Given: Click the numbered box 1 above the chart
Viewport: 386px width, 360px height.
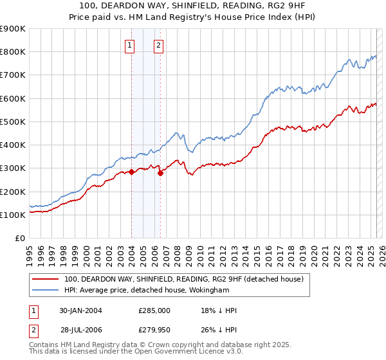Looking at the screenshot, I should tap(131, 45).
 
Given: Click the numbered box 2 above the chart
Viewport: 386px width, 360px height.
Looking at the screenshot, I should tap(158, 45).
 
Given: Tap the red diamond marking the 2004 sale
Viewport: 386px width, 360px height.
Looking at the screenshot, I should tap(131, 172).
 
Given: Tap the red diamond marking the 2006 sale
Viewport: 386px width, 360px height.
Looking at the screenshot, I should tap(160, 173).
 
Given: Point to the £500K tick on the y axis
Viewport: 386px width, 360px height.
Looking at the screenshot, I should tap(13, 122).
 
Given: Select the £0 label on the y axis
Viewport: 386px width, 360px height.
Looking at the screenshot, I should tap(20, 238).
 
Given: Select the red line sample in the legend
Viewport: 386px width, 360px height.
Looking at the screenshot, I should tap(46, 279).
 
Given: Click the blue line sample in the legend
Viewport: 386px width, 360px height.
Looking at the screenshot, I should tap(46, 291).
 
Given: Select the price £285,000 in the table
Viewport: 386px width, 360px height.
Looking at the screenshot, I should tap(154, 310).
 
